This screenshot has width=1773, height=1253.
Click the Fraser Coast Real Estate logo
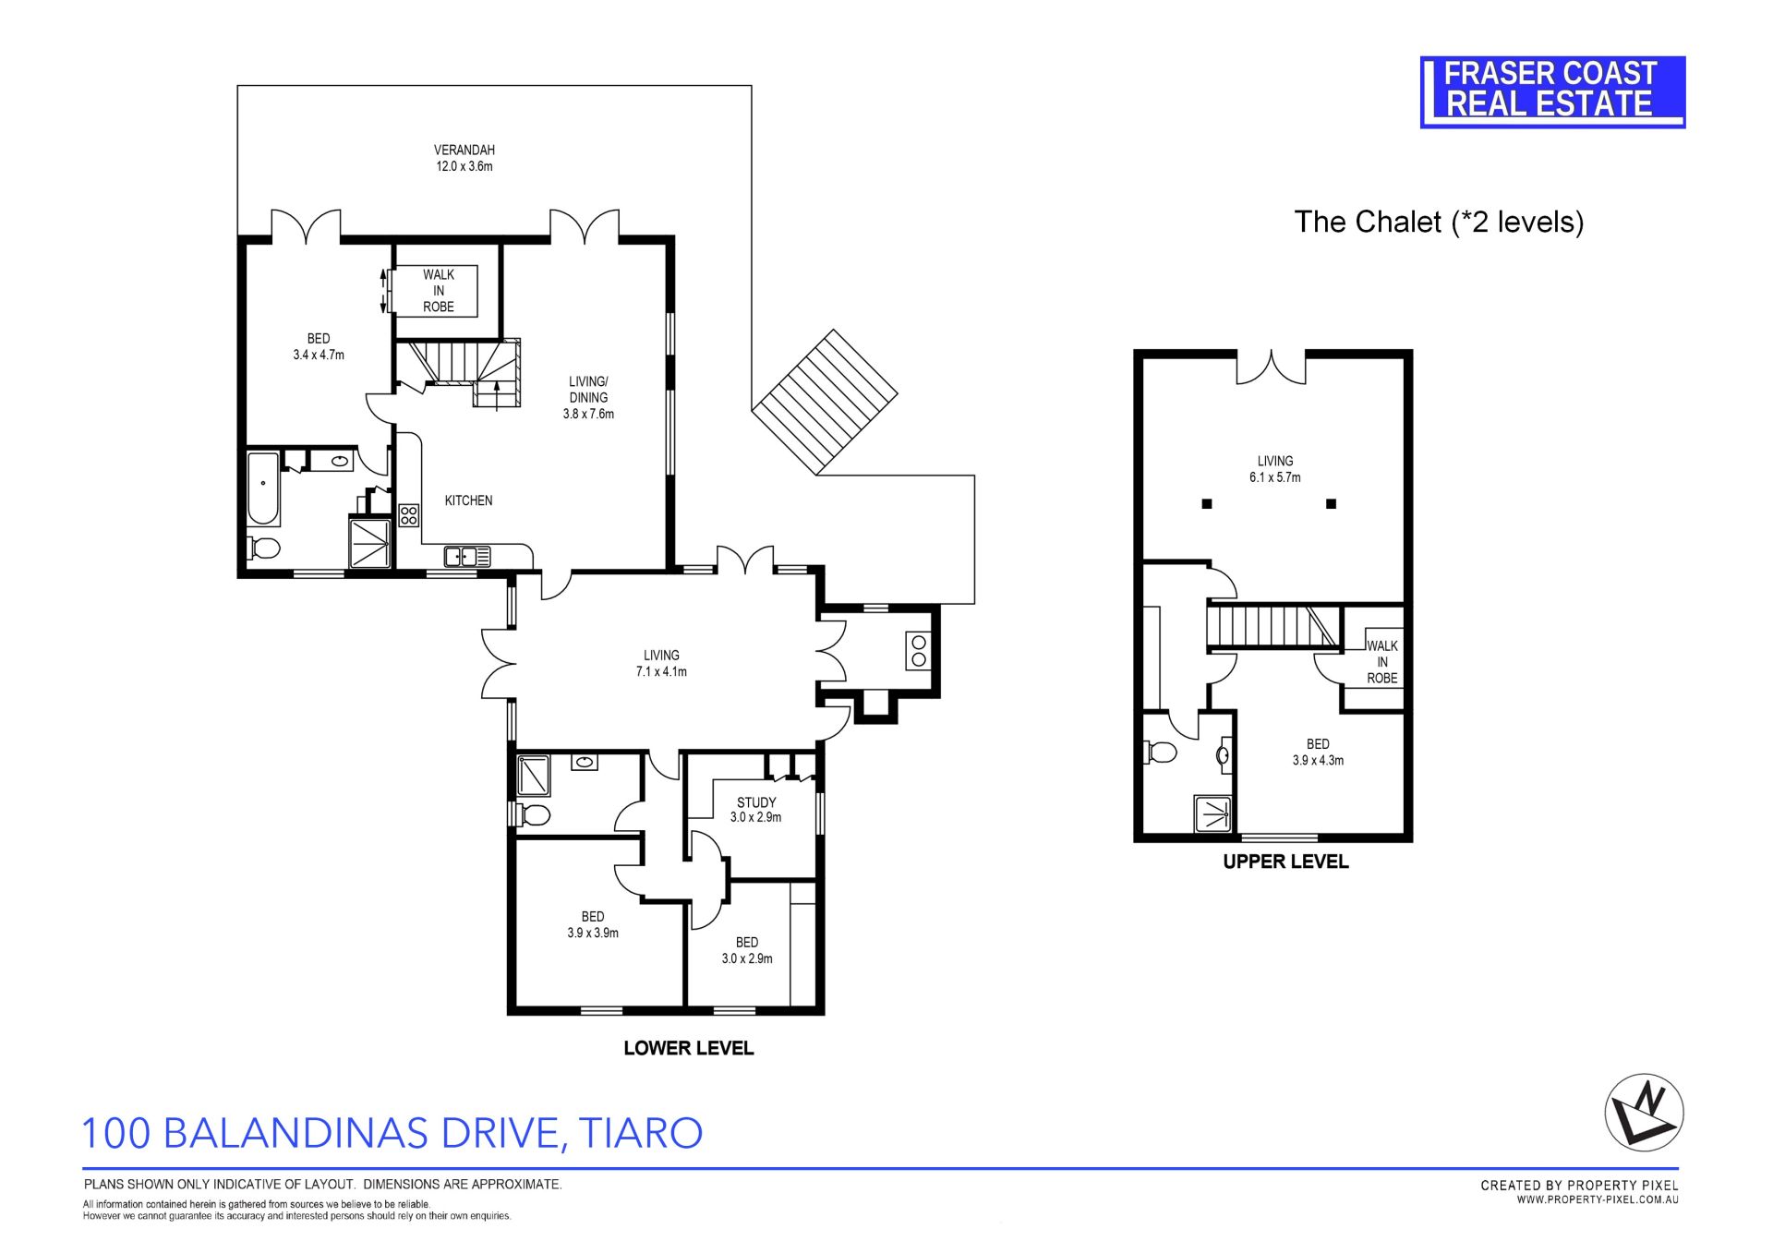1552,91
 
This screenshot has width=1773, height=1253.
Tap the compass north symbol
1645,1112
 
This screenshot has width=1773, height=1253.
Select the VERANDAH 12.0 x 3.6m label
464,158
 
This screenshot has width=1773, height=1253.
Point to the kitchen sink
466,556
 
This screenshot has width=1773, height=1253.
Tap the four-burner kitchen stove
408,515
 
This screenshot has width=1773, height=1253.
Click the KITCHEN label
468,500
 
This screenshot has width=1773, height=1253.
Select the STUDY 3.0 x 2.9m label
756,810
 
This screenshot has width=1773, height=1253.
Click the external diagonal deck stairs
825,402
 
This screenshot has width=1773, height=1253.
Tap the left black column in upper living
1207,504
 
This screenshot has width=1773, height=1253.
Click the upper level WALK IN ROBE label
1382,662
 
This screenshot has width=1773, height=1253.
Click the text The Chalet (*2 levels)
1439,222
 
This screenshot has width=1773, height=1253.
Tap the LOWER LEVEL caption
689,1048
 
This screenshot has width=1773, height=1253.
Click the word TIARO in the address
645,1133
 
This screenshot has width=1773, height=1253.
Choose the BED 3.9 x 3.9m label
593,924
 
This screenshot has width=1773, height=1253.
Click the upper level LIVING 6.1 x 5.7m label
1275,469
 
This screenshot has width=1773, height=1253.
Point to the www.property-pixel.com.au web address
1598,1199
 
